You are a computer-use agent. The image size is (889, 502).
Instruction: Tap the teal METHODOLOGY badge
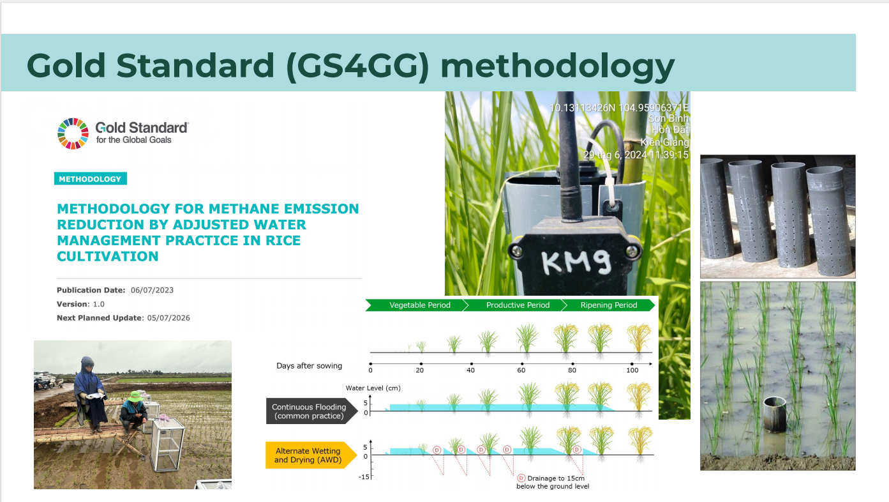pyautogui.click(x=91, y=179)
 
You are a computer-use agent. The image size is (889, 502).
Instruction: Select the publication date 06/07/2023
pyautogui.click(x=152, y=291)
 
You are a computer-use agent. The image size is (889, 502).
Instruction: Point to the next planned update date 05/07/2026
pyautogui.click(x=168, y=318)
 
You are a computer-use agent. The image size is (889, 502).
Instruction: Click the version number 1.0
pyautogui.click(x=98, y=304)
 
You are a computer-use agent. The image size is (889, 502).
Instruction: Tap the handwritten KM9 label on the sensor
pyautogui.click(x=576, y=261)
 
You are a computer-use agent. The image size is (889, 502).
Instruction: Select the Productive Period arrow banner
pyautogui.click(x=515, y=305)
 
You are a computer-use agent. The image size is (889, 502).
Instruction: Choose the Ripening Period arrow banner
pyautogui.click(x=608, y=305)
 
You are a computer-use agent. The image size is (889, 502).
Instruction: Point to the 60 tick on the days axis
pyautogui.click(x=522, y=364)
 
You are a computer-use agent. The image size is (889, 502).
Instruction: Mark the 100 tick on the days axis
pyautogui.click(x=632, y=364)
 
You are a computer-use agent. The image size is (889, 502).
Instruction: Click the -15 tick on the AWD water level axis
pyautogui.click(x=364, y=476)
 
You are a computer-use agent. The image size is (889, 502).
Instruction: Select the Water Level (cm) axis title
pyautogui.click(x=373, y=388)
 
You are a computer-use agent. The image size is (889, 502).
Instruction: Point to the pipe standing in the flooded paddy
pyautogui.click(x=774, y=415)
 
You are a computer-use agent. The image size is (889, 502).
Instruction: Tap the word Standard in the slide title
pyautogui.click(x=195, y=66)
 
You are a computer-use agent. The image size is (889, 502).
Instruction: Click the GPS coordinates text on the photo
pyautogui.click(x=619, y=108)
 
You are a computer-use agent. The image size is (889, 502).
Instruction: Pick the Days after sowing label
pyautogui.click(x=309, y=366)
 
